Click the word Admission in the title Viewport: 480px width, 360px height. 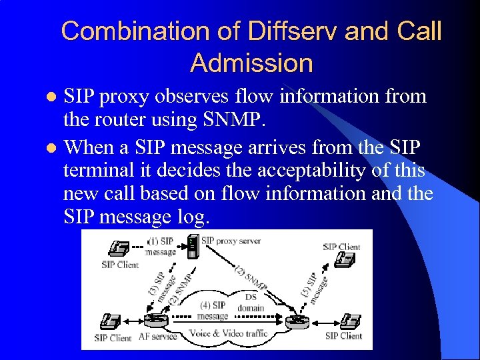click(x=251, y=63)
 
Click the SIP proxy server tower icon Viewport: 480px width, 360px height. click(x=193, y=247)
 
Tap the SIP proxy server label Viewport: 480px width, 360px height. click(x=231, y=240)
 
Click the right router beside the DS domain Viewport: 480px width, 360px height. click(x=295, y=322)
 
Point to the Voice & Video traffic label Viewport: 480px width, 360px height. click(x=229, y=333)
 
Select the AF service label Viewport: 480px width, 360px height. click(x=156, y=337)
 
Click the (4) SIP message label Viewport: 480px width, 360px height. click(x=213, y=310)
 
